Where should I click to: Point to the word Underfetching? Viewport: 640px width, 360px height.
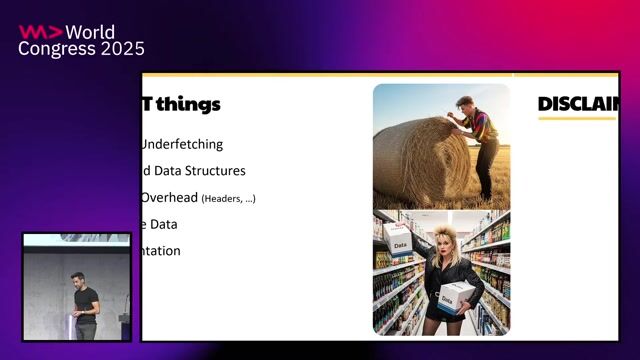(x=182, y=144)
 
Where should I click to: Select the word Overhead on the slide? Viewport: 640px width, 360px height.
(x=169, y=198)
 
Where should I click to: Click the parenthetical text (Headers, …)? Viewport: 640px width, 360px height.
(x=228, y=199)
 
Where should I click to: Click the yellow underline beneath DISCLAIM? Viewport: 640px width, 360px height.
(x=576, y=119)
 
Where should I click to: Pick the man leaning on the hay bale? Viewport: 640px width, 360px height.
(x=477, y=140)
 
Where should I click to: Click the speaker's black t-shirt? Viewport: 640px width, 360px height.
(x=87, y=301)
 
